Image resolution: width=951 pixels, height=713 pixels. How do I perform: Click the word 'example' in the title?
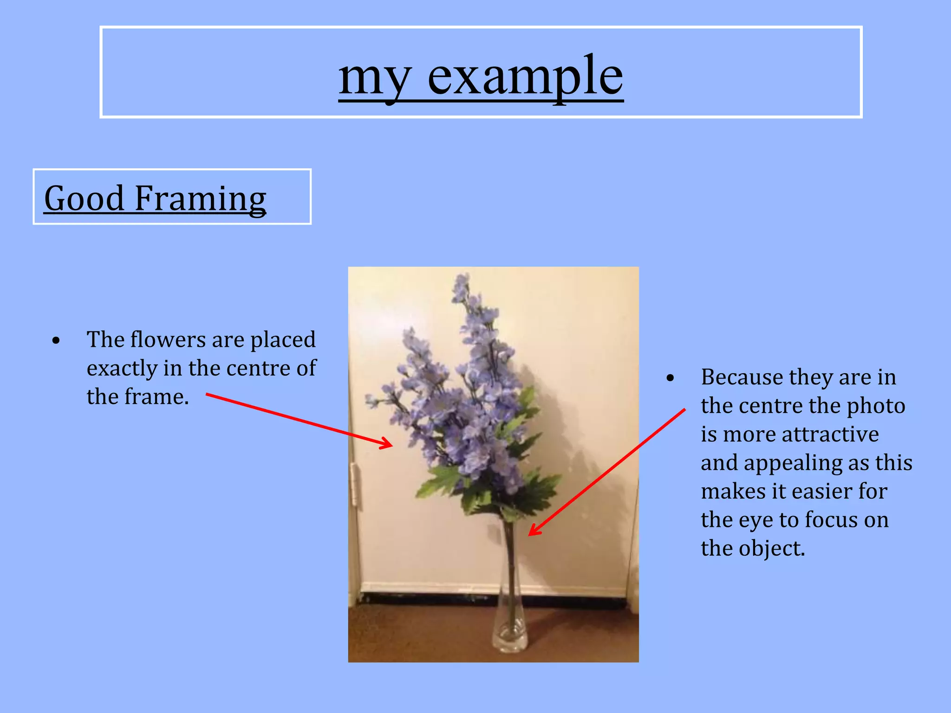(x=525, y=77)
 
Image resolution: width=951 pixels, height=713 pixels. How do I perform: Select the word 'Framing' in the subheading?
(x=200, y=199)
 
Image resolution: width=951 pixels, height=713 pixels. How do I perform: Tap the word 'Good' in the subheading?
(x=84, y=199)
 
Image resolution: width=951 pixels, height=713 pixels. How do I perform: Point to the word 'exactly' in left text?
(x=122, y=369)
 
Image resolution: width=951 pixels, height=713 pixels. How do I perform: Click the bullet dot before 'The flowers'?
(x=56, y=341)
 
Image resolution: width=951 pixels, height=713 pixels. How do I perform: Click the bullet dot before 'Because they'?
(x=670, y=378)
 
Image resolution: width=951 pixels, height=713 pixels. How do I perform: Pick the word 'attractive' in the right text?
(x=830, y=434)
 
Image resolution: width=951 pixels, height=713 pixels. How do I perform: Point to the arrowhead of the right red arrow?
(x=533, y=532)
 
